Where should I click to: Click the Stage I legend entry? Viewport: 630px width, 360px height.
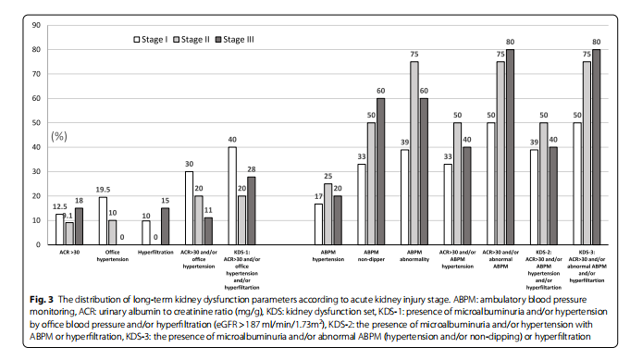[150, 39]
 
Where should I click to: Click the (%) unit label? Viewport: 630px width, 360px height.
[59, 136]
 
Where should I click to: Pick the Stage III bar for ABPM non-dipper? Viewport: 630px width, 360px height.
[381, 171]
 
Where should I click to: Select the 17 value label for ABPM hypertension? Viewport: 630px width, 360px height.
[319, 195]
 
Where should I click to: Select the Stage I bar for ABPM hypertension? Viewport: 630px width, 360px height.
[319, 224]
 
